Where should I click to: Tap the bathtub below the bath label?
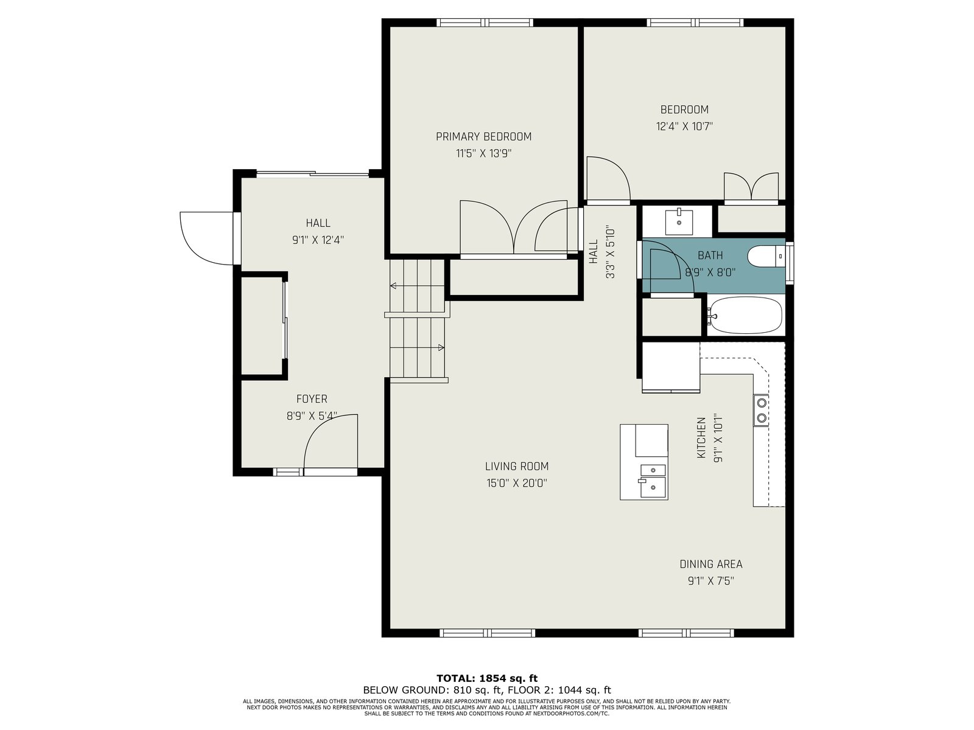(745, 315)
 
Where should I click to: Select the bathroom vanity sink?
(679, 222)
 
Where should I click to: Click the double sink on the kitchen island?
(653, 481)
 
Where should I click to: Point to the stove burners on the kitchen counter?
(761, 410)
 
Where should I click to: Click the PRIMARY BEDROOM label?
(483, 136)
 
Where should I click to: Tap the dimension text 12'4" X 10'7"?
(684, 127)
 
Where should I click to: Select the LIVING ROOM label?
(516, 466)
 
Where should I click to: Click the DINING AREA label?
(711, 565)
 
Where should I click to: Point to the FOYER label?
(312, 399)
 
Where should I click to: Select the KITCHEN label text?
(701, 437)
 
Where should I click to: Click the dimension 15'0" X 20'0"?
(516, 483)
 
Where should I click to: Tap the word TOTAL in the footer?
(455, 678)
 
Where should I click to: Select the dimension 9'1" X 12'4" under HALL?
(318, 240)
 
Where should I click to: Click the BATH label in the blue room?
(710, 255)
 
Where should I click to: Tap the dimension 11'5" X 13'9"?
(484, 153)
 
